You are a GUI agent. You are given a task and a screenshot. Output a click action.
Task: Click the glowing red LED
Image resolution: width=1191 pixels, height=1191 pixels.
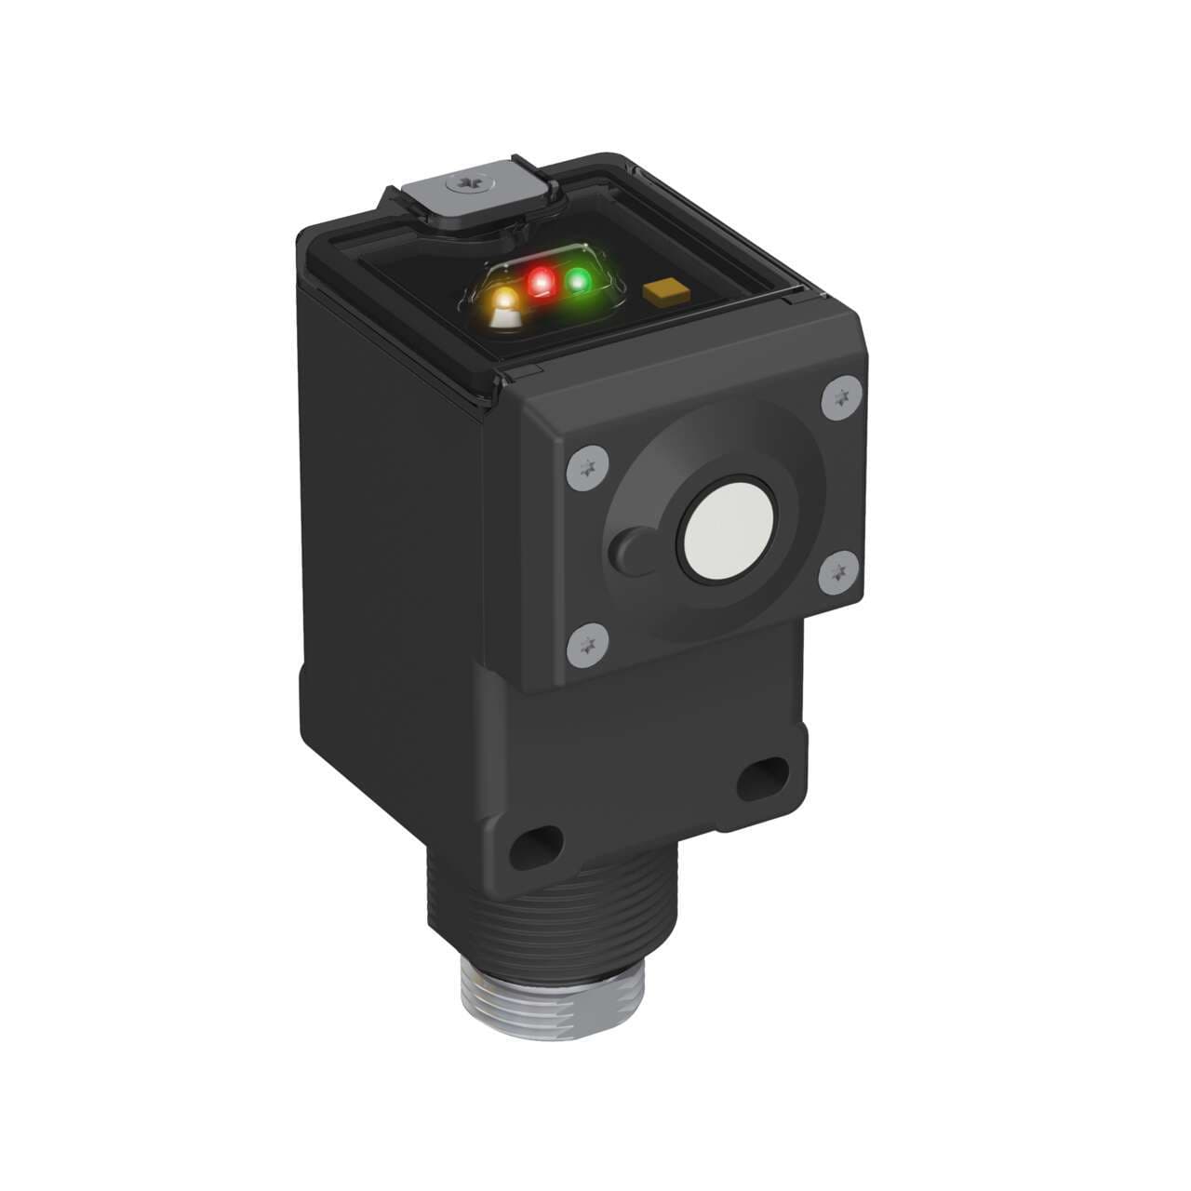click(x=540, y=283)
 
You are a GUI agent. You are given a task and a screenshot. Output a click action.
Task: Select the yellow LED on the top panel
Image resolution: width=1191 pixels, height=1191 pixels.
click(x=505, y=301)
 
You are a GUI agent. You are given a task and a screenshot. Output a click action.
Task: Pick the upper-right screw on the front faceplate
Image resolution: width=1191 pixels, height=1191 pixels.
click(x=840, y=398)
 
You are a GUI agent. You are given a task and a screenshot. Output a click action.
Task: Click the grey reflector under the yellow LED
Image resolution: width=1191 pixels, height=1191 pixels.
click(x=505, y=319)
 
